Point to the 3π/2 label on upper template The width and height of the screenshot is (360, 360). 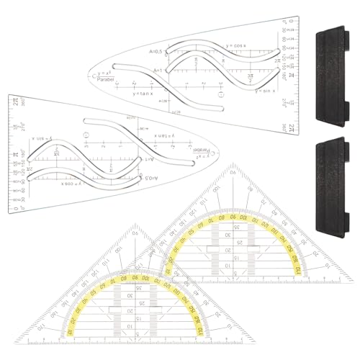coord(250,77)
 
